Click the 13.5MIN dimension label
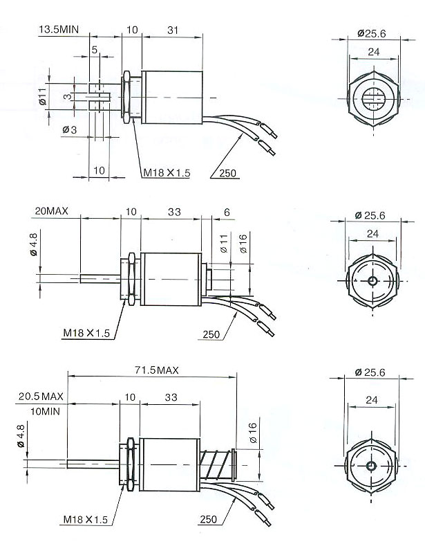(59, 29)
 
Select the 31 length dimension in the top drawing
(173, 30)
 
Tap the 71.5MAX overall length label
(157, 370)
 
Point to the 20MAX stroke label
(51, 211)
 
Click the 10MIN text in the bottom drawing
(45, 411)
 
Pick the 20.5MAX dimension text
(41, 396)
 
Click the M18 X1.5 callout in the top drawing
(167, 173)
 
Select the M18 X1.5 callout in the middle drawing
(86, 333)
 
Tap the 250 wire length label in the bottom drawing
(209, 519)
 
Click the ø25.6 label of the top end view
(372, 33)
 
